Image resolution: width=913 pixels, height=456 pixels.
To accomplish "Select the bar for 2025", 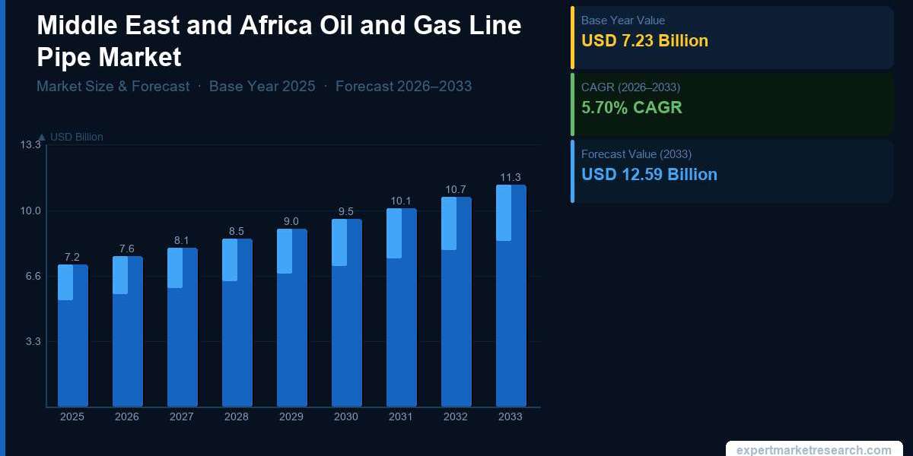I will coord(73,335).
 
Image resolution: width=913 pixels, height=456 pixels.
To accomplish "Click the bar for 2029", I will coord(292,318).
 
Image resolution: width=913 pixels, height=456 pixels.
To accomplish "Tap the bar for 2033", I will coord(511,296).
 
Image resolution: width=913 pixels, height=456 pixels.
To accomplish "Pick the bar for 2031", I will coord(402,307).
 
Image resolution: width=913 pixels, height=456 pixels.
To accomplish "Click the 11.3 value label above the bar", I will coord(511,178).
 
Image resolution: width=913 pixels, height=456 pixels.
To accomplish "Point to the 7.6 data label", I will coord(127,249).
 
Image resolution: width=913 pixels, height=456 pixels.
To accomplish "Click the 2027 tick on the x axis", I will coord(182,417).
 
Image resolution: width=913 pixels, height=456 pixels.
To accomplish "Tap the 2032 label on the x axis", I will coord(456,417).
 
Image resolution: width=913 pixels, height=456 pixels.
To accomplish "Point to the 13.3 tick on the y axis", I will coord(31,144).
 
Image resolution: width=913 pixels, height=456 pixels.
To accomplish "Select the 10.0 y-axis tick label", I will coord(31,211).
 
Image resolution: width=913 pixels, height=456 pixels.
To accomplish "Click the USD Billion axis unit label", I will coord(76,137).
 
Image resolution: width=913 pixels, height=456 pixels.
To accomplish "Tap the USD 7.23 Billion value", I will coord(644,41).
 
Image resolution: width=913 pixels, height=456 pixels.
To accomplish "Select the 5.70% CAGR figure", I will coord(631,108).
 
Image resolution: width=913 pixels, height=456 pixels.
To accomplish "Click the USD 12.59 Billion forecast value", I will coord(649,175).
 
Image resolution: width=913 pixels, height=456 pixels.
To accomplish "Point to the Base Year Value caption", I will coord(622,21).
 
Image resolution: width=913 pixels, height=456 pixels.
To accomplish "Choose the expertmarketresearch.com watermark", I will coord(814,450).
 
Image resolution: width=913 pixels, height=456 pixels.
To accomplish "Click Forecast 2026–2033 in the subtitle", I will coord(403,87).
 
